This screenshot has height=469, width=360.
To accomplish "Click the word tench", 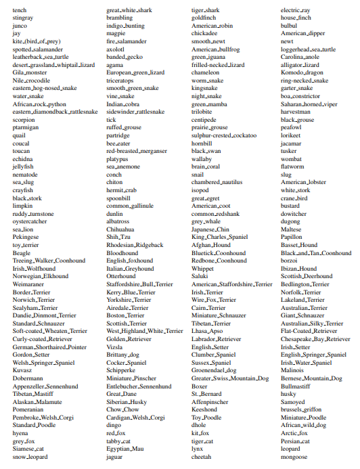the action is pyautogui.click(x=20, y=10).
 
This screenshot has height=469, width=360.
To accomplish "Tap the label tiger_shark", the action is pyautogui.click(x=206, y=10).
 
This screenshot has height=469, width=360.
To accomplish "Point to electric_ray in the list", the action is pyautogui.click(x=296, y=10).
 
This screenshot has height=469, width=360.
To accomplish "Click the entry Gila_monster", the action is pyautogui.click(x=30, y=72).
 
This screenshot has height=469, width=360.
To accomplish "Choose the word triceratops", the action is pyautogui.click(x=122, y=80).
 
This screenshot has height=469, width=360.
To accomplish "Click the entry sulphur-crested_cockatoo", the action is pyautogui.click(x=224, y=135).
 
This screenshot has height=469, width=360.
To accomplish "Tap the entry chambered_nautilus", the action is pyautogui.click(x=216, y=181).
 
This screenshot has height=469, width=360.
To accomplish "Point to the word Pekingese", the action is pyautogui.click(x=26, y=238).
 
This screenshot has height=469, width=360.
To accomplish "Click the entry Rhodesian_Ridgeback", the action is pyautogui.click(x=135, y=245).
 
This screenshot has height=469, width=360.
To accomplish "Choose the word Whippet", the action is pyautogui.click(x=203, y=269).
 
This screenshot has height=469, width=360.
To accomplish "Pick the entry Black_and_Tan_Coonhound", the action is pyautogui.click(x=316, y=252).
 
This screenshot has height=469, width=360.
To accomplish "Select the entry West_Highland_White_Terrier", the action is pyautogui.click(x=145, y=330).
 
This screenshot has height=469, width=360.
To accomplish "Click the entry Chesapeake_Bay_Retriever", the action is pyautogui.click(x=316, y=338).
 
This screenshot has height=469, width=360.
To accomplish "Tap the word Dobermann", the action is pyautogui.click(x=28, y=378).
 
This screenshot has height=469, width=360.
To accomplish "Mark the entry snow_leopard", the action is pyautogui.click(x=30, y=456).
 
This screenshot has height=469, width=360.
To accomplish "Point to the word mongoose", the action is pyautogui.click(x=294, y=456).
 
